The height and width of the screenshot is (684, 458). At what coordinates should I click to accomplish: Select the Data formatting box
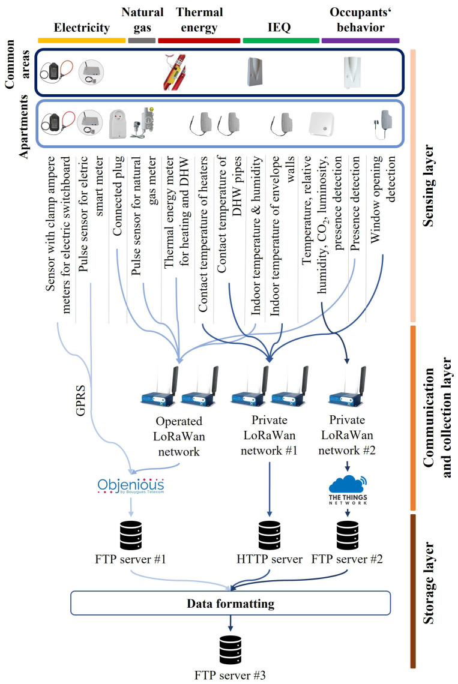point(231,602)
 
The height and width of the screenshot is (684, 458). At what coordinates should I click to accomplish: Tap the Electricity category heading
point(82,27)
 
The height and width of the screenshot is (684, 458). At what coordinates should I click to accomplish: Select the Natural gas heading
point(142,19)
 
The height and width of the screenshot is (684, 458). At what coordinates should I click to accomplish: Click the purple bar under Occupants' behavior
point(361,40)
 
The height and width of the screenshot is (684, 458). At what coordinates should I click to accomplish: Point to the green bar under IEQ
point(280,40)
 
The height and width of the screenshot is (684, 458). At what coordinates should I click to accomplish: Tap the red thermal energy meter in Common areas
point(174,73)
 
